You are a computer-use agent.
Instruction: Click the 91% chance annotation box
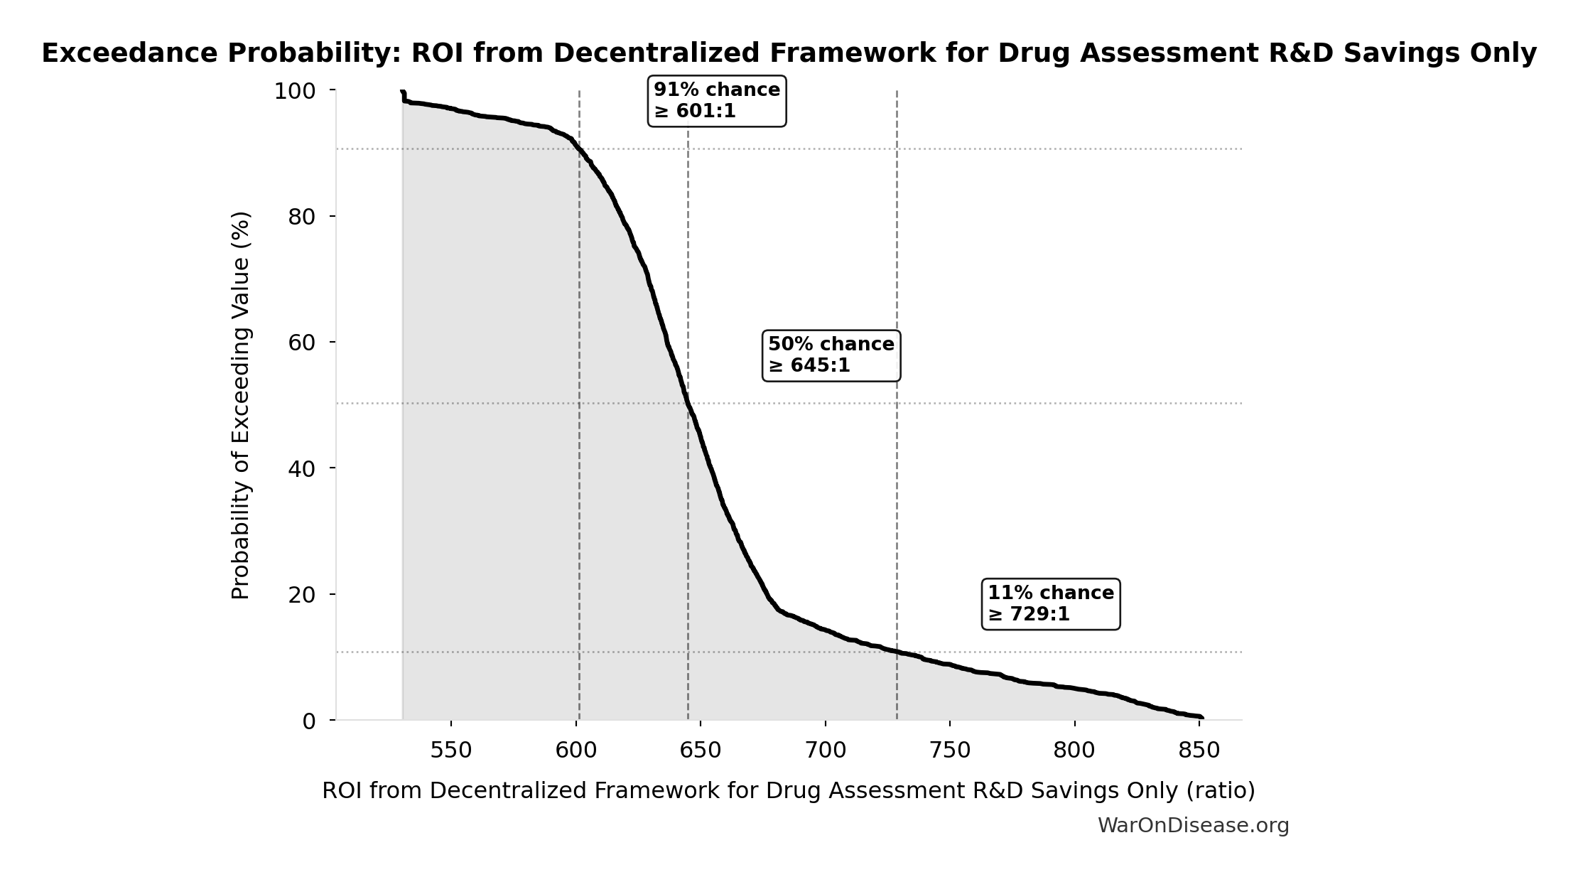tap(716, 101)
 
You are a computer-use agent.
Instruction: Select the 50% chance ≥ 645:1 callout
tap(831, 355)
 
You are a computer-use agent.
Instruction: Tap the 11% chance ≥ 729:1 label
tap(1050, 603)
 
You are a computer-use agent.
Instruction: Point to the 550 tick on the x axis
tap(451, 750)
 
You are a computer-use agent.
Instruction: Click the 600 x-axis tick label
tap(575, 750)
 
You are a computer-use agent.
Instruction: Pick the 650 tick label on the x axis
tap(701, 750)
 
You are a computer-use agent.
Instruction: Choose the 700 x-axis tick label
tap(825, 750)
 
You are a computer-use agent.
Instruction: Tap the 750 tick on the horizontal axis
tap(950, 750)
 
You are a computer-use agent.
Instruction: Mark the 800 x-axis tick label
tap(1074, 750)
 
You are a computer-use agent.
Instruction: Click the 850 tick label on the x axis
tap(1199, 750)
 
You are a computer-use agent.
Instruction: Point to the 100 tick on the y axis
tap(295, 92)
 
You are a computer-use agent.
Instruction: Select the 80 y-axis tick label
tap(302, 217)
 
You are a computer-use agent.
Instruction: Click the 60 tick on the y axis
tap(302, 343)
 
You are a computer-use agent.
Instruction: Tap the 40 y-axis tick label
tap(302, 469)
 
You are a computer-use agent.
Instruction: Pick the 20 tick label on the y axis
tap(302, 595)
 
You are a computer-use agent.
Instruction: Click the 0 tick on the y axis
tap(309, 721)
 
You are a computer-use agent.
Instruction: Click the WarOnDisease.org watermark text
tap(1193, 825)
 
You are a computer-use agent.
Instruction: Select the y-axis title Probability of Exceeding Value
tap(242, 405)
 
